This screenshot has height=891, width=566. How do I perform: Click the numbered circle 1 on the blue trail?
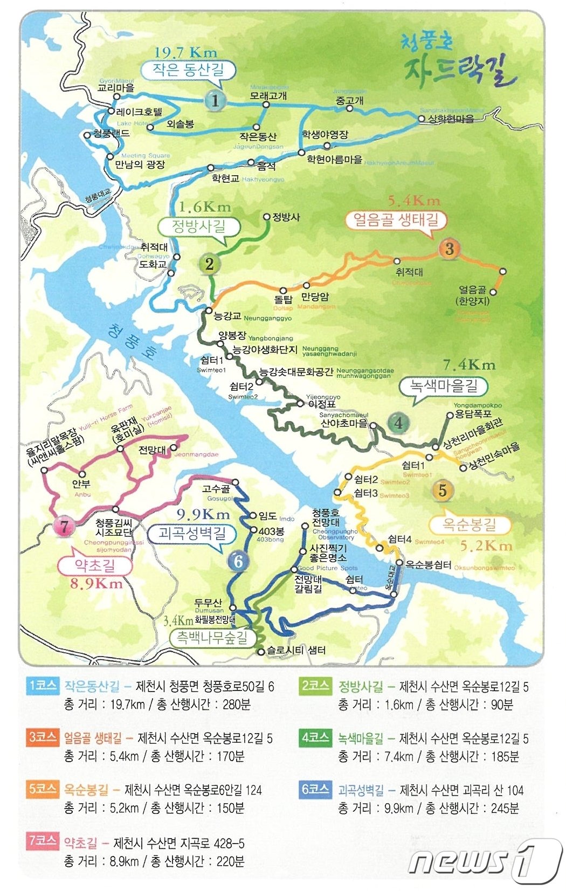pyautogui.click(x=215, y=100)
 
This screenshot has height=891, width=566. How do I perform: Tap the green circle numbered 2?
pyautogui.click(x=209, y=264)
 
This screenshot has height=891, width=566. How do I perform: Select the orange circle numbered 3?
pyautogui.click(x=449, y=248)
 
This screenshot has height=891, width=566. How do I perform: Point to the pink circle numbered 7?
pyautogui.click(x=64, y=526)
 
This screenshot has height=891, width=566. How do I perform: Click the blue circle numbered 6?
pyautogui.click(x=238, y=562)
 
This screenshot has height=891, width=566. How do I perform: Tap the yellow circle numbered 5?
pyautogui.click(x=443, y=491)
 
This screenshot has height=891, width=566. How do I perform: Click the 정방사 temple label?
pyautogui.click(x=286, y=217)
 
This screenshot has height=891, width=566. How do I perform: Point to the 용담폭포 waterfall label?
pyautogui.click(x=474, y=414)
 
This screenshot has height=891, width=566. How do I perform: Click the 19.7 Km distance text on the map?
pyautogui.click(x=185, y=53)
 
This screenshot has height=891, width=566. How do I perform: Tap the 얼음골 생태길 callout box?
pyautogui.click(x=396, y=220)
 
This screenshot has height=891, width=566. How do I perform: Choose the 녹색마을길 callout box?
pyautogui.click(x=444, y=386)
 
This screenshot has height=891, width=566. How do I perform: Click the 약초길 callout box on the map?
pyautogui.click(x=95, y=565)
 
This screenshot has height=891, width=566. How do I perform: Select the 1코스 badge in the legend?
pyautogui.click(x=44, y=686)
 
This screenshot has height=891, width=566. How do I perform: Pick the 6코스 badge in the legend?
pyautogui.click(x=315, y=789)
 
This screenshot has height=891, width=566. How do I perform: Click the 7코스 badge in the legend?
pyautogui.click(x=44, y=841)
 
